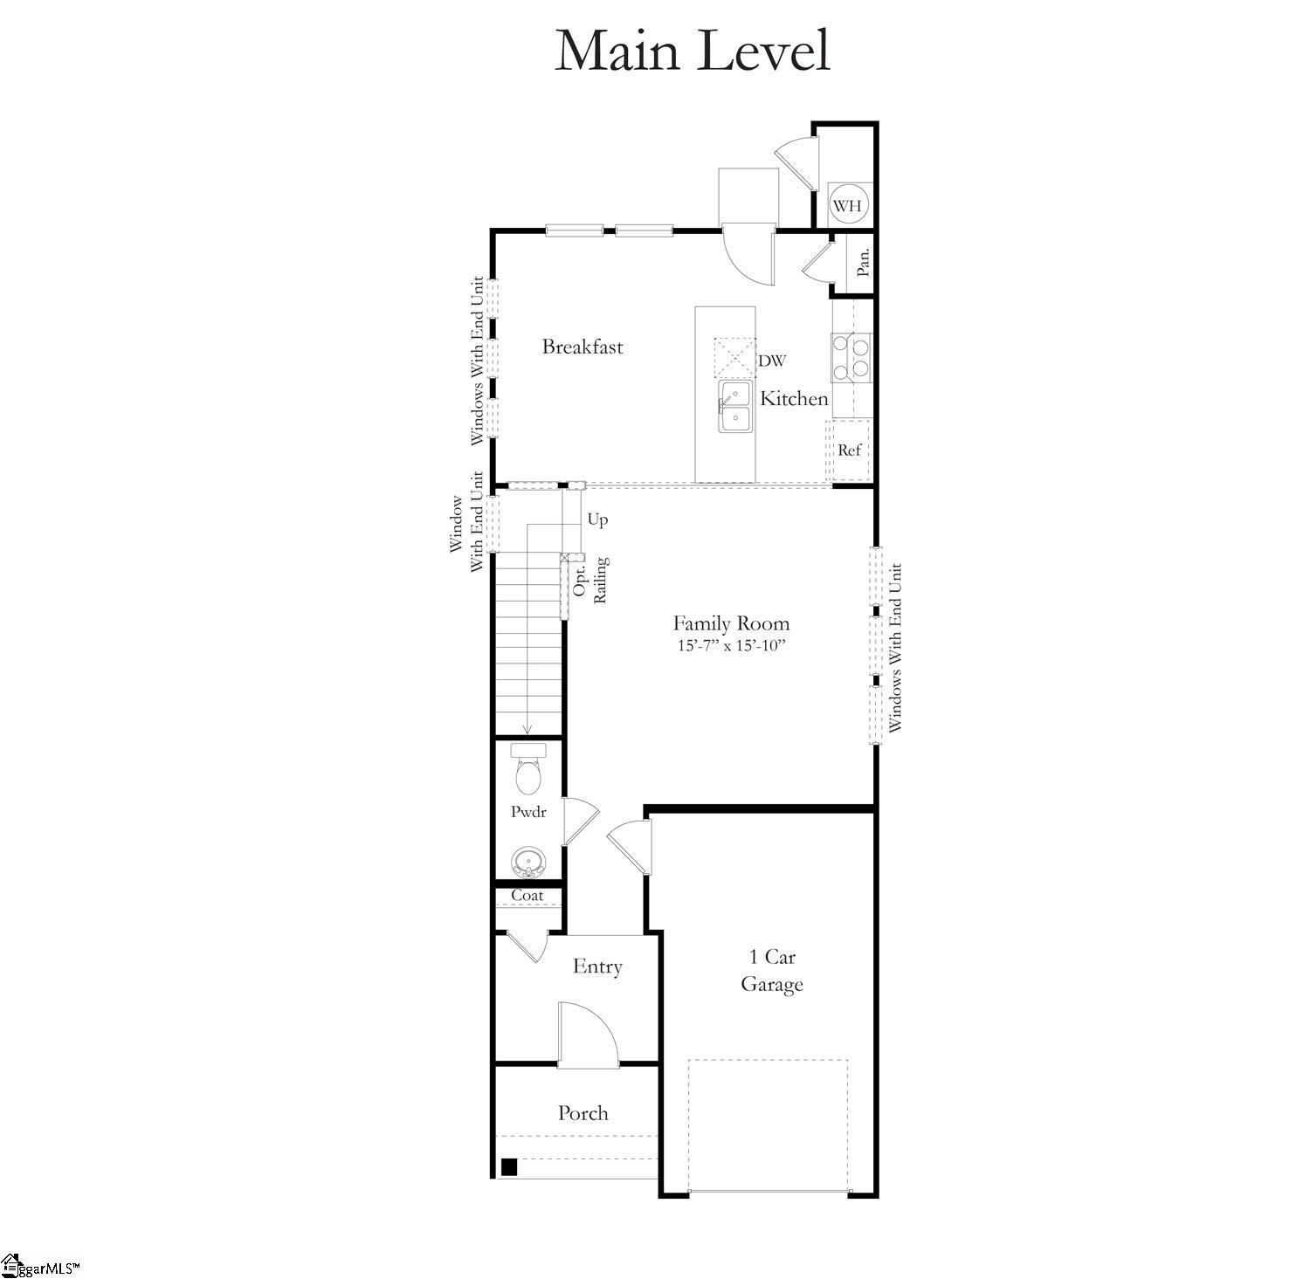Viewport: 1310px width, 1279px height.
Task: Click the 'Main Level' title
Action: (692, 50)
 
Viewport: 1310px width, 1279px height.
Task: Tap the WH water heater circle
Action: (847, 206)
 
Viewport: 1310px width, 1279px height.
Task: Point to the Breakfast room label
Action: (583, 347)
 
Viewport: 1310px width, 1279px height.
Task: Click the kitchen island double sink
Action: (735, 407)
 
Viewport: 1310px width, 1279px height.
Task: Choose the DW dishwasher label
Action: (772, 361)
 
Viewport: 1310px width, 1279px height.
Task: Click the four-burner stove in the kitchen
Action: (851, 356)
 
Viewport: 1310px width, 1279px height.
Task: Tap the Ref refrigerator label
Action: (849, 450)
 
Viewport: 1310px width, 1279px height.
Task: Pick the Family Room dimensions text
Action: (732, 646)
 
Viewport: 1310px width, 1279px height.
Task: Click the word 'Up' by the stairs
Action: (597, 519)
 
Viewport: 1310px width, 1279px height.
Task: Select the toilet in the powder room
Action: (528, 767)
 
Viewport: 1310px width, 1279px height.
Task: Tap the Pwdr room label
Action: (528, 812)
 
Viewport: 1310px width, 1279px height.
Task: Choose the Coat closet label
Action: (527, 896)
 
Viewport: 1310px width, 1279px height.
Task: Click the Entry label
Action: (597, 966)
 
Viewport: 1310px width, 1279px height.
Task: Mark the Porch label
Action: (583, 1113)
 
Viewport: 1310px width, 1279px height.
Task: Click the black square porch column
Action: (509, 1166)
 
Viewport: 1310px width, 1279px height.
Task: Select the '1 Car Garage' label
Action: (772, 971)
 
